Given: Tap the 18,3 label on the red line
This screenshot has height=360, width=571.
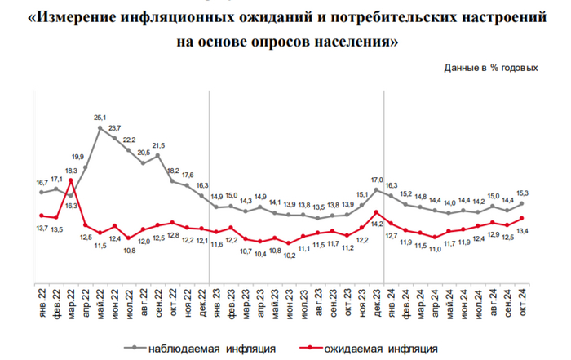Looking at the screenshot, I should point(71,170).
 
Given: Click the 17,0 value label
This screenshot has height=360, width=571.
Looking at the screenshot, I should point(376,179).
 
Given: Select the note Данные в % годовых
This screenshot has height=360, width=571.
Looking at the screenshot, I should point(490,68).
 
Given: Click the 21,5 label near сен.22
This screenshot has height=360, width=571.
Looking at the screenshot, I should point(158,145).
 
